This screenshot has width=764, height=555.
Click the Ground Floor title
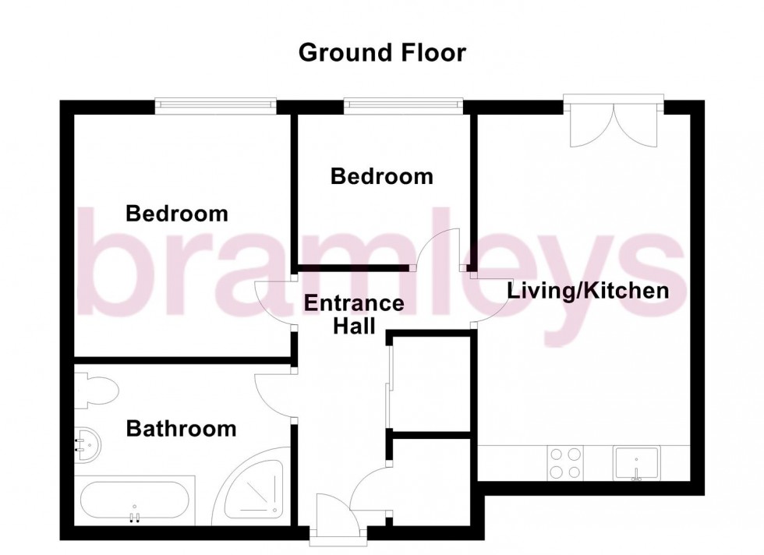coord(382,53)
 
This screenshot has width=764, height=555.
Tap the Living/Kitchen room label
coord(589,292)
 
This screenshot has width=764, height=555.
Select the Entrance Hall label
coord(354,314)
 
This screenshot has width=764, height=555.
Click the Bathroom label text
coord(181,428)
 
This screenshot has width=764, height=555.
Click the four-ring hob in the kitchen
coord(564,462)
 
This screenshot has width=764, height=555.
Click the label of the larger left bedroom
coord(177,213)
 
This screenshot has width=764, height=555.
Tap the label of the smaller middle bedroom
coord(381,176)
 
